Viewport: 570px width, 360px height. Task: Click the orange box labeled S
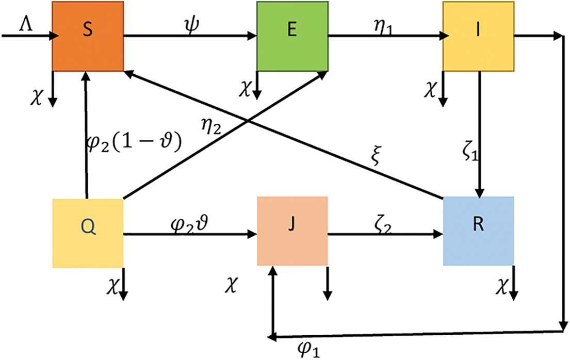point(88,36)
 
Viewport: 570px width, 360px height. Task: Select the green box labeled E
point(292,36)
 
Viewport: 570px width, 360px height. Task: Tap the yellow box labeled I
point(478,36)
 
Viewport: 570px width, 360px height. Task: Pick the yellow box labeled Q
point(88,233)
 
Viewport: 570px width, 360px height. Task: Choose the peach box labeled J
point(292,231)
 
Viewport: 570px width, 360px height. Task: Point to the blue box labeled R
point(478,231)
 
